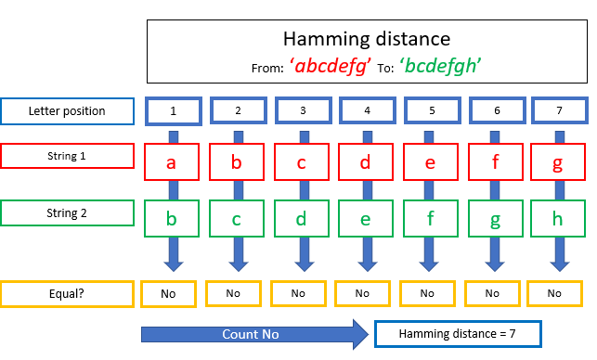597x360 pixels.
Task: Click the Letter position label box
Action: click(67, 111)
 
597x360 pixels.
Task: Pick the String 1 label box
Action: click(67, 156)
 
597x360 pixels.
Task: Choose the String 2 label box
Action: click(67, 212)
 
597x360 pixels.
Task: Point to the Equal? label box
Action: click(67, 292)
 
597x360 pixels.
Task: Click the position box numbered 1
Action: click(174, 111)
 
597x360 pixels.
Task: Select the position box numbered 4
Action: click(366, 111)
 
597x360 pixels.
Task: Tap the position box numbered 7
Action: click(559, 111)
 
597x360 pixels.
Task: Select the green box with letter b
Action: click(171, 221)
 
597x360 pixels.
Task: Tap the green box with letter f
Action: click(430, 221)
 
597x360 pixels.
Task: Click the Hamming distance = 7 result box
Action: click(457, 332)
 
